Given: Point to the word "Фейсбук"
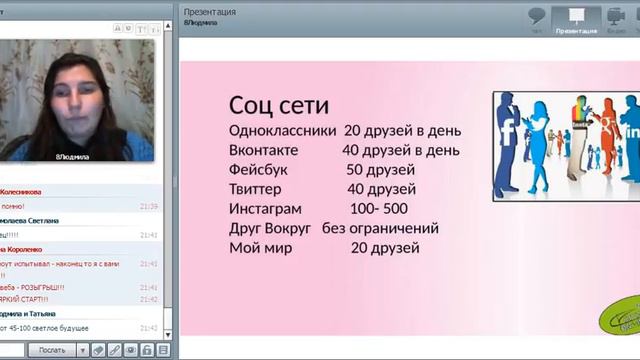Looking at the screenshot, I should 258,170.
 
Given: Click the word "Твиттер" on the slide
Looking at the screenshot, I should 256,189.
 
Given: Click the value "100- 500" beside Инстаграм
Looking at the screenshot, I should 379,209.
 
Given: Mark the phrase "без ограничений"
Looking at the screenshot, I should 380,228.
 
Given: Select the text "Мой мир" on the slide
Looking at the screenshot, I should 260,248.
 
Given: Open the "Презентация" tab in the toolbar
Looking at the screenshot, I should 576,19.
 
